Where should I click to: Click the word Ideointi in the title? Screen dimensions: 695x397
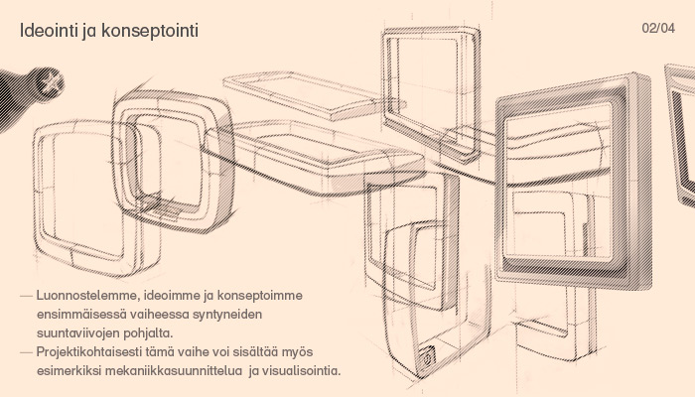pos(49,31)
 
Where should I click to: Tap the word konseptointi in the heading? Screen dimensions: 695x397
pos(150,32)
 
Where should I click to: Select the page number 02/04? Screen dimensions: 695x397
pos(658,28)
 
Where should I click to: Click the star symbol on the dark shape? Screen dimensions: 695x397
pos(52,82)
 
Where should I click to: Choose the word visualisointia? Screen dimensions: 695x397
pos(302,370)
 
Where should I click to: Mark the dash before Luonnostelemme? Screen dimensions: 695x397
pos(26,296)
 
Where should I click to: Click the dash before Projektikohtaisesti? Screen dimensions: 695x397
pos(26,352)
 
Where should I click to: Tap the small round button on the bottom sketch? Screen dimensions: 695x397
pos(427,357)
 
